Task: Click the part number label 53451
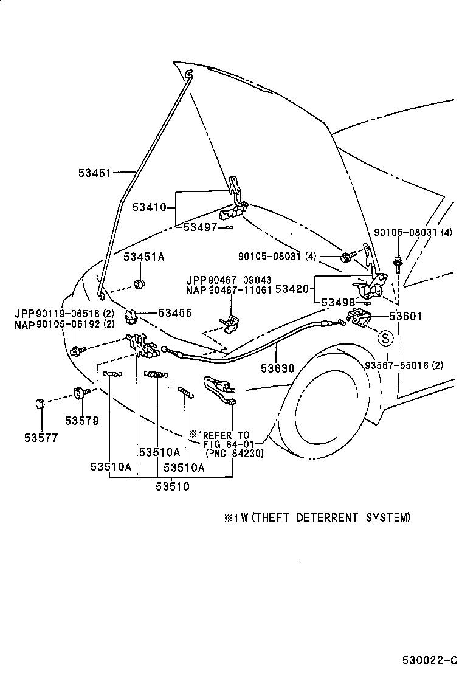pyautogui.click(x=94, y=173)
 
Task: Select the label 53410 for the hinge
pyautogui.click(x=149, y=207)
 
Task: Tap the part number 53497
pyautogui.click(x=200, y=227)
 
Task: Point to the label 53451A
pyautogui.click(x=144, y=257)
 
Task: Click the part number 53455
pyautogui.click(x=175, y=313)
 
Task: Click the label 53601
pyautogui.click(x=406, y=317)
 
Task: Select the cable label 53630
pyautogui.click(x=277, y=368)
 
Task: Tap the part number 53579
pyautogui.click(x=81, y=421)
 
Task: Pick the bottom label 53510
pyautogui.click(x=172, y=486)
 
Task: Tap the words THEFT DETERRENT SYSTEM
pyautogui.click(x=331, y=518)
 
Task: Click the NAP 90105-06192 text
pyautogui.click(x=64, y=324)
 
